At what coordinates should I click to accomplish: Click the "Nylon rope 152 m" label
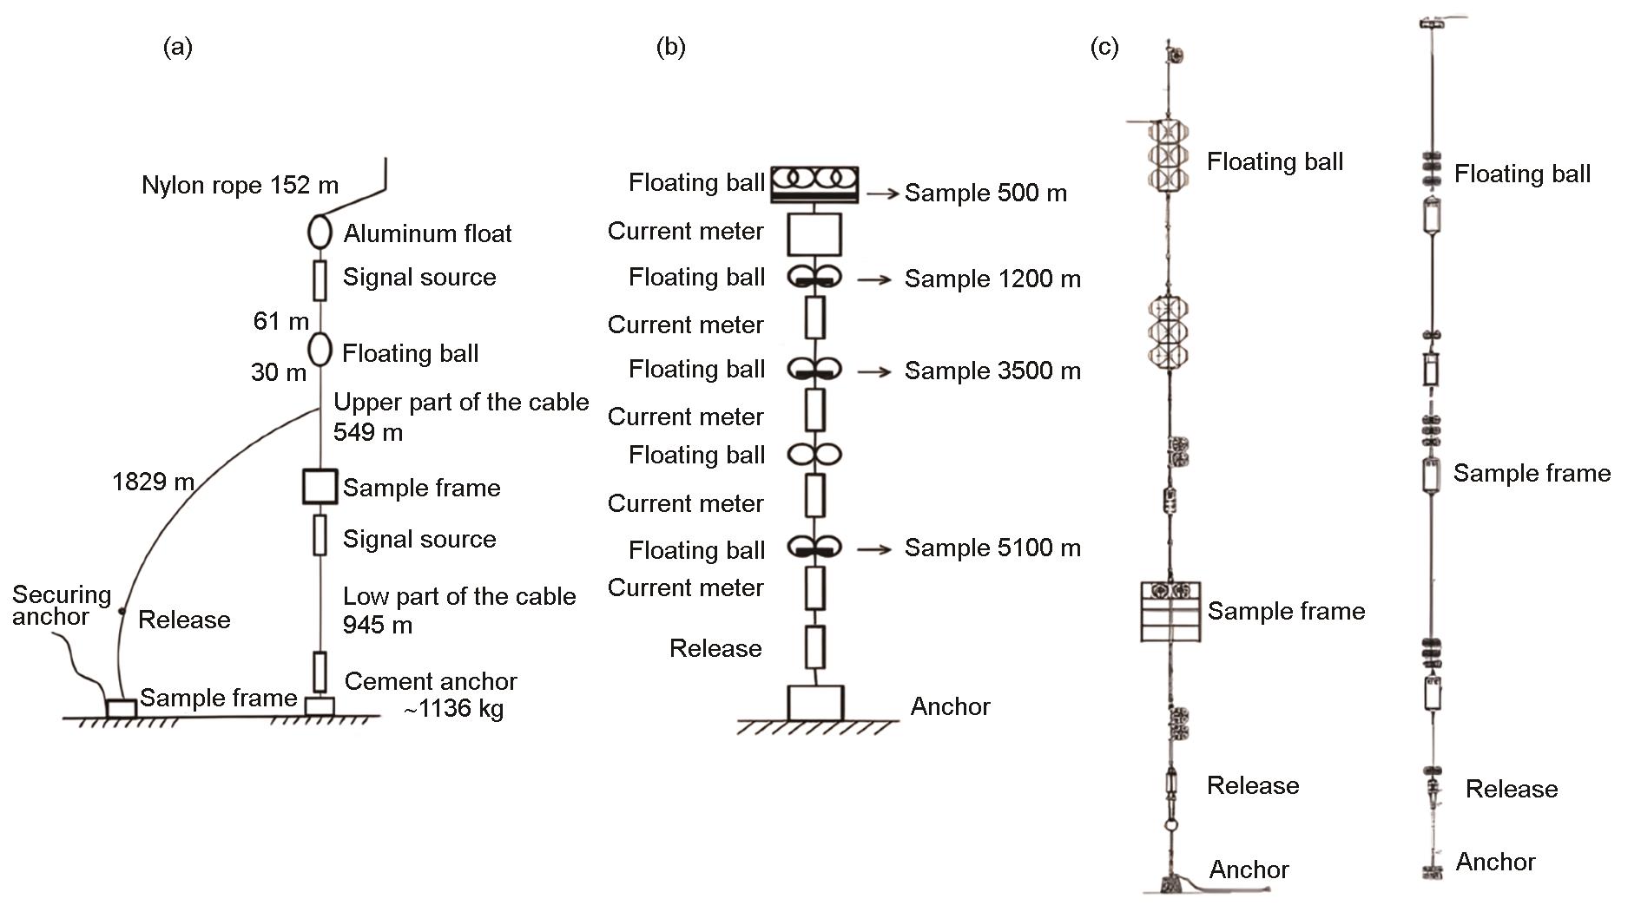click(x=240, y=185)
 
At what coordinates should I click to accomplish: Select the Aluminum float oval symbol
click(x=320, y=232)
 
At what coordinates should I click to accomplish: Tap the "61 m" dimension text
click(x=280, y=321)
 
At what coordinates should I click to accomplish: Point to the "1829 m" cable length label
click(x=153, y=481)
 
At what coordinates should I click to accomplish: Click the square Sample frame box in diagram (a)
click(x=320, y=487)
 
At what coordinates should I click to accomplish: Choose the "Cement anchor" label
click(x=431, y=681)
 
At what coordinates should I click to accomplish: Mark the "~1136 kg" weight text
click(x=452, y=709)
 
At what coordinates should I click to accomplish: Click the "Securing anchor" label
click(x=61, y=606)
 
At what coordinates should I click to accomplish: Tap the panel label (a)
click(x=178, y=47)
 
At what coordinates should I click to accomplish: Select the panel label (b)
click(x=670, y=47)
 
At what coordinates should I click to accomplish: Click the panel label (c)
click(x=1104, y=47)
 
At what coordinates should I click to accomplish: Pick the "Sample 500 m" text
click(x=985, y=193)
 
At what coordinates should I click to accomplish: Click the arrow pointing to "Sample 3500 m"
click(x=873, y=371)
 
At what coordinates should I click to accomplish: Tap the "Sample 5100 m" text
click(x=992, y=548)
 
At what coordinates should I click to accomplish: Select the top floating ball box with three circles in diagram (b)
click(x=814, y=180)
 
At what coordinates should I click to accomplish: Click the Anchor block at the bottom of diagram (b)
click(x=815, y=703)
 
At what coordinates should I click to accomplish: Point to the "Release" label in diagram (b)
click(x=715, y=648)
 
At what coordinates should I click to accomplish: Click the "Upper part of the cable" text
click(x=461, y=403)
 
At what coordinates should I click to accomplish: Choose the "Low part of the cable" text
click(x=459, y=596)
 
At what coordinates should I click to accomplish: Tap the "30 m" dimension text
click(x=279, y=372)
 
